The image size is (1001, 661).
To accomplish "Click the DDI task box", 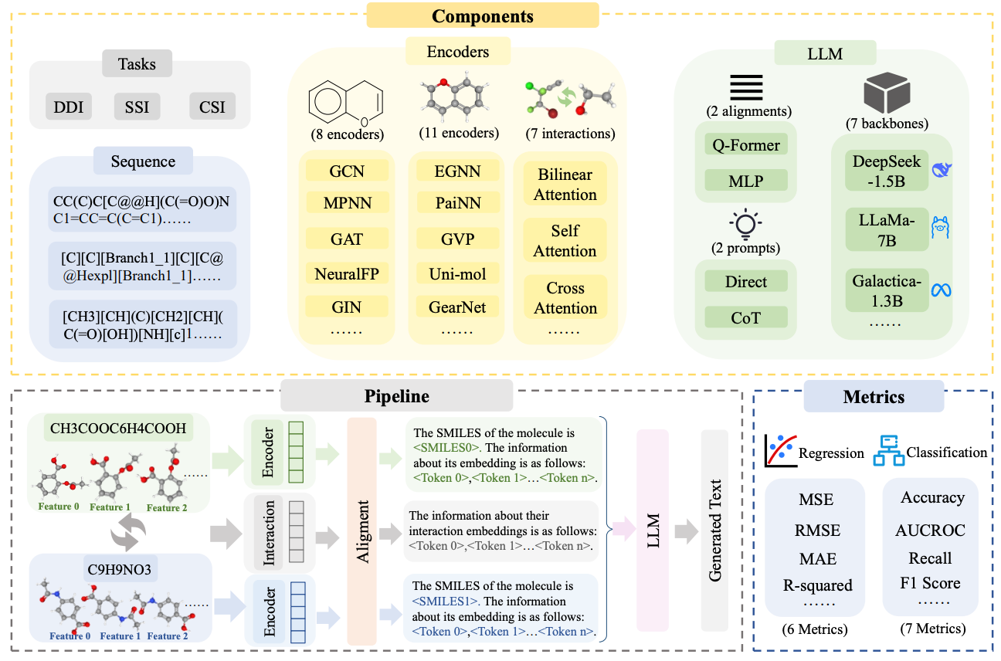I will (70, 107).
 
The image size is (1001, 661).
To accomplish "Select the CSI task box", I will (212, 107).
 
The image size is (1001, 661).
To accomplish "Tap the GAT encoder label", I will (346, 239).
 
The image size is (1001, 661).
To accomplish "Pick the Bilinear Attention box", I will (565, 185).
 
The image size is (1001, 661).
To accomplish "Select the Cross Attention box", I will (565, 298).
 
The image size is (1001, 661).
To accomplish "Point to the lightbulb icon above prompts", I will (746, 224).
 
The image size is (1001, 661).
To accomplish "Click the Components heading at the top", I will (482, 15).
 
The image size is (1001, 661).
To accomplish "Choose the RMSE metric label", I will (816, 530).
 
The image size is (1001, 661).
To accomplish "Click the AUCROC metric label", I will (930, 530).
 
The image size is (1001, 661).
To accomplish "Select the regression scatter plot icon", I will (780, 451).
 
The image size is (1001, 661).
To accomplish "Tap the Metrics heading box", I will (874, 397).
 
